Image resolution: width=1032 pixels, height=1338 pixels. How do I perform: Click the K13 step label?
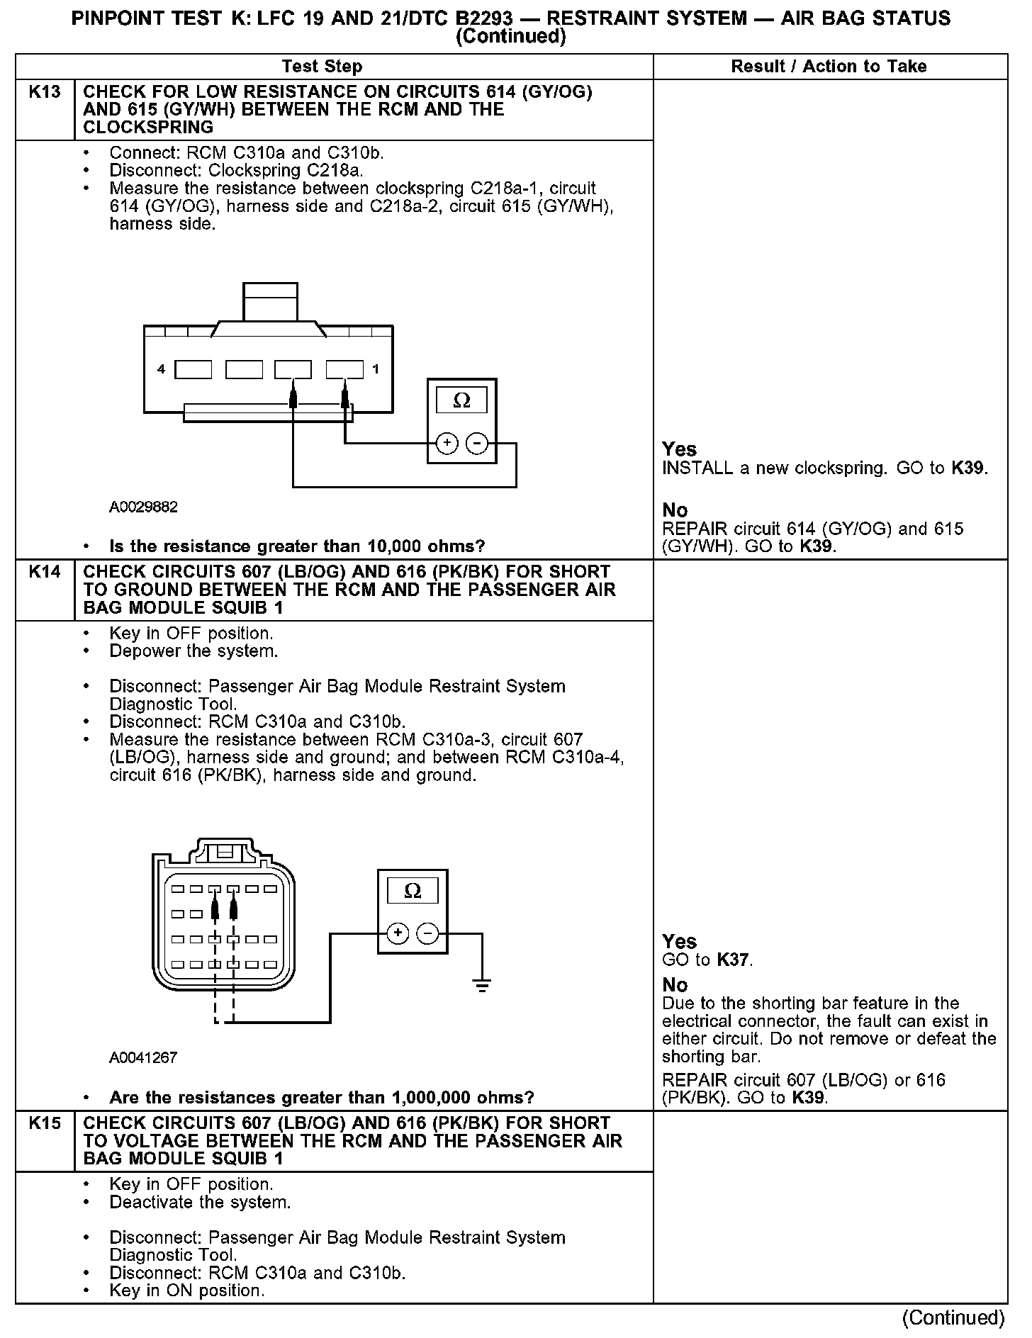pyautogui.click(x=45, y=92)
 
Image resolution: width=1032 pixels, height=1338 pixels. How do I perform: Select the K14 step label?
pyautogui.click(x=45, y=572)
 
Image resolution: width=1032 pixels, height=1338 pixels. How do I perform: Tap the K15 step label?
pyautogui.click(x=45, y=1123)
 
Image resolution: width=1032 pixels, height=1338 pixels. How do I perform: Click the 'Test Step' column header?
pyautogui.click(x=322, y=67)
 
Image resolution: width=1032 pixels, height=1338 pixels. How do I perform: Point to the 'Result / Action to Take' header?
pyautogui.click(x=829, y=67)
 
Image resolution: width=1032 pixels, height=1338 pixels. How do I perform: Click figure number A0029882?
pyautogui.click(x=143, y=507)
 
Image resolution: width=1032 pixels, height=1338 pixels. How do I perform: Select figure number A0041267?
pyautogui.click(x=143, y=1058)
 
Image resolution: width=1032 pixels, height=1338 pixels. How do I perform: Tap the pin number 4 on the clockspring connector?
pyautogui.click(x=162, y=369)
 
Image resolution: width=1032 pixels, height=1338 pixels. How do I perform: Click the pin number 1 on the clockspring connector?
pyautogui.click(x=376, y=369)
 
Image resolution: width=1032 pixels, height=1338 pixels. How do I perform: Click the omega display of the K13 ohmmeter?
pyautogui.click(x=461, y=401)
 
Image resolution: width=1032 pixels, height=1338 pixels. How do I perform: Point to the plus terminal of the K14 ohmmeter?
pyautogui.click(x=398, y=933)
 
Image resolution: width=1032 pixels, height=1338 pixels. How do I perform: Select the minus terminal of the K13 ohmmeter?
pyautogui.click(x=478, y=444)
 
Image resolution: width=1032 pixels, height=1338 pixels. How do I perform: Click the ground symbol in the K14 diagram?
pyautogui.click(x=482, y=985)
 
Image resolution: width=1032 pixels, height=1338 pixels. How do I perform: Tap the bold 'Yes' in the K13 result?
pyautogui.click(x=679, y=449)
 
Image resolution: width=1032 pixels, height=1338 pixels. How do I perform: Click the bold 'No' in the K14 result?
pyautogui.click(x=675, y=985)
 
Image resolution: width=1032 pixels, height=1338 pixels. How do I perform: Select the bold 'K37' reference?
pyautogui.click(x=733, y=960)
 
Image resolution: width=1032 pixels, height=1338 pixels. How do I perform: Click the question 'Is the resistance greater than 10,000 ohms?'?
pyautogui.click(x=297, y=546)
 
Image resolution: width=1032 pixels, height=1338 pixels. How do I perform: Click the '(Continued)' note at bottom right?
pyautogui.click(x=953, y=1318)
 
